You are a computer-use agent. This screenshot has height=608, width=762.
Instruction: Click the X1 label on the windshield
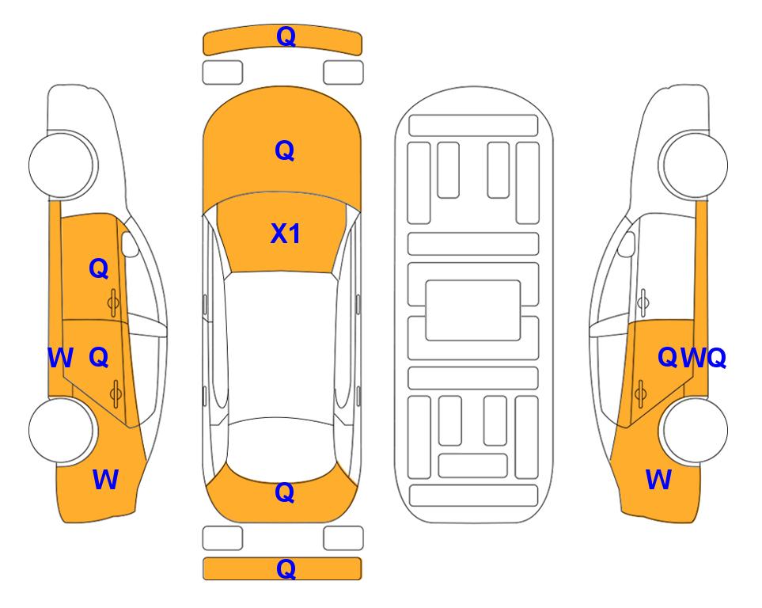pos(286,234)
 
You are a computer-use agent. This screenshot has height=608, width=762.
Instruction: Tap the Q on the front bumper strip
pos(286,36)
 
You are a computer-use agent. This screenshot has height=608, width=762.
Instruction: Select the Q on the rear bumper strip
pos(286,568)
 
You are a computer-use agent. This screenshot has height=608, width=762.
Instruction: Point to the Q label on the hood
pos(285,150)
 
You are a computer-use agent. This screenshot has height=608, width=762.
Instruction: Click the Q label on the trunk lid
pos(285,492)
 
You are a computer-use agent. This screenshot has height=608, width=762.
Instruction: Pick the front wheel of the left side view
pos(62,165)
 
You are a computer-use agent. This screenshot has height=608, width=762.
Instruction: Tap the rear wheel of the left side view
pos(62,430)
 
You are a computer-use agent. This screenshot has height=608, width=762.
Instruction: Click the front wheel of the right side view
pos(693,165)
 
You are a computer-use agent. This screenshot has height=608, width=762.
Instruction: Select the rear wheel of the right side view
pos(693,430)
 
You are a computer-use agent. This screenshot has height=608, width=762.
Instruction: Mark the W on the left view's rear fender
pos(105,480)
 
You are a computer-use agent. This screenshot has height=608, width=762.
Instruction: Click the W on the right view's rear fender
pos(658,480)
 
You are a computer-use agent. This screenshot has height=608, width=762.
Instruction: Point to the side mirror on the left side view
pos(129,244)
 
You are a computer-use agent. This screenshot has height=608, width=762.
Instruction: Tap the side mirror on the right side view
pos(626,244)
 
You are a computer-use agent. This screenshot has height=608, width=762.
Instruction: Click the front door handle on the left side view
pos(113,302)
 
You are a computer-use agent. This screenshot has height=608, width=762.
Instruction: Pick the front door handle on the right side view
pos(643,302)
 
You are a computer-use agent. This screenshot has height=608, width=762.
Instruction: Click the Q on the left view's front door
pos(99,268)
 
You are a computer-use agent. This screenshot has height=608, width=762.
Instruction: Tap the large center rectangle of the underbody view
pos(473,310)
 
